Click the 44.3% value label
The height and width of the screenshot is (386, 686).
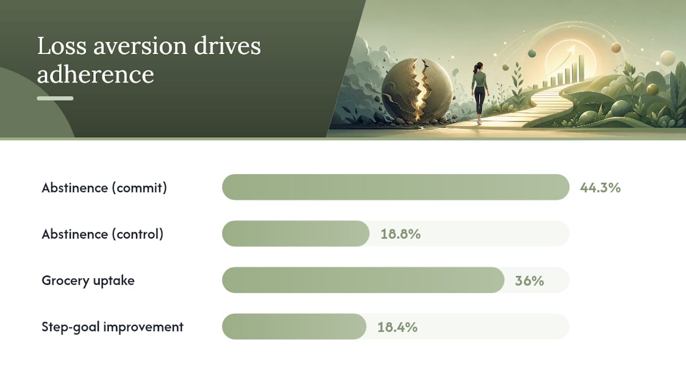[600, 188]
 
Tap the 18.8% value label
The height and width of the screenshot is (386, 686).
[400, 234]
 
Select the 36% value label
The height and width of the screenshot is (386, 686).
[530, 280]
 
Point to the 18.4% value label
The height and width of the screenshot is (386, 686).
[397, 327]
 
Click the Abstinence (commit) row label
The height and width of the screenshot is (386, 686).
[104, 188]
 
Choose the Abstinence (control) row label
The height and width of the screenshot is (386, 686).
[102, 234]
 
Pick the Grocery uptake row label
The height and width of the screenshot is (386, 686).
[88, 281]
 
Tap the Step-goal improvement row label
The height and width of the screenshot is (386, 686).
[113, 327]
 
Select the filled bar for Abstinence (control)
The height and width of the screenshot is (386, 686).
[295, 234]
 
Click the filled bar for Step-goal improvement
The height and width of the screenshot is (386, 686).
[294, 326]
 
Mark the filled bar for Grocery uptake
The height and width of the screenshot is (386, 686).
[363, 280]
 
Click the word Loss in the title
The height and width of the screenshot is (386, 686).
[62, 46]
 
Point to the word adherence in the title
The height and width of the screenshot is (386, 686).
[95, 75]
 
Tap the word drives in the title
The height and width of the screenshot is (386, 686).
[227, 46]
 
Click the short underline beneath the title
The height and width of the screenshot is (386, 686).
[55, 98]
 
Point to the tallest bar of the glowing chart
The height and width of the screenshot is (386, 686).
[581, 68]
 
